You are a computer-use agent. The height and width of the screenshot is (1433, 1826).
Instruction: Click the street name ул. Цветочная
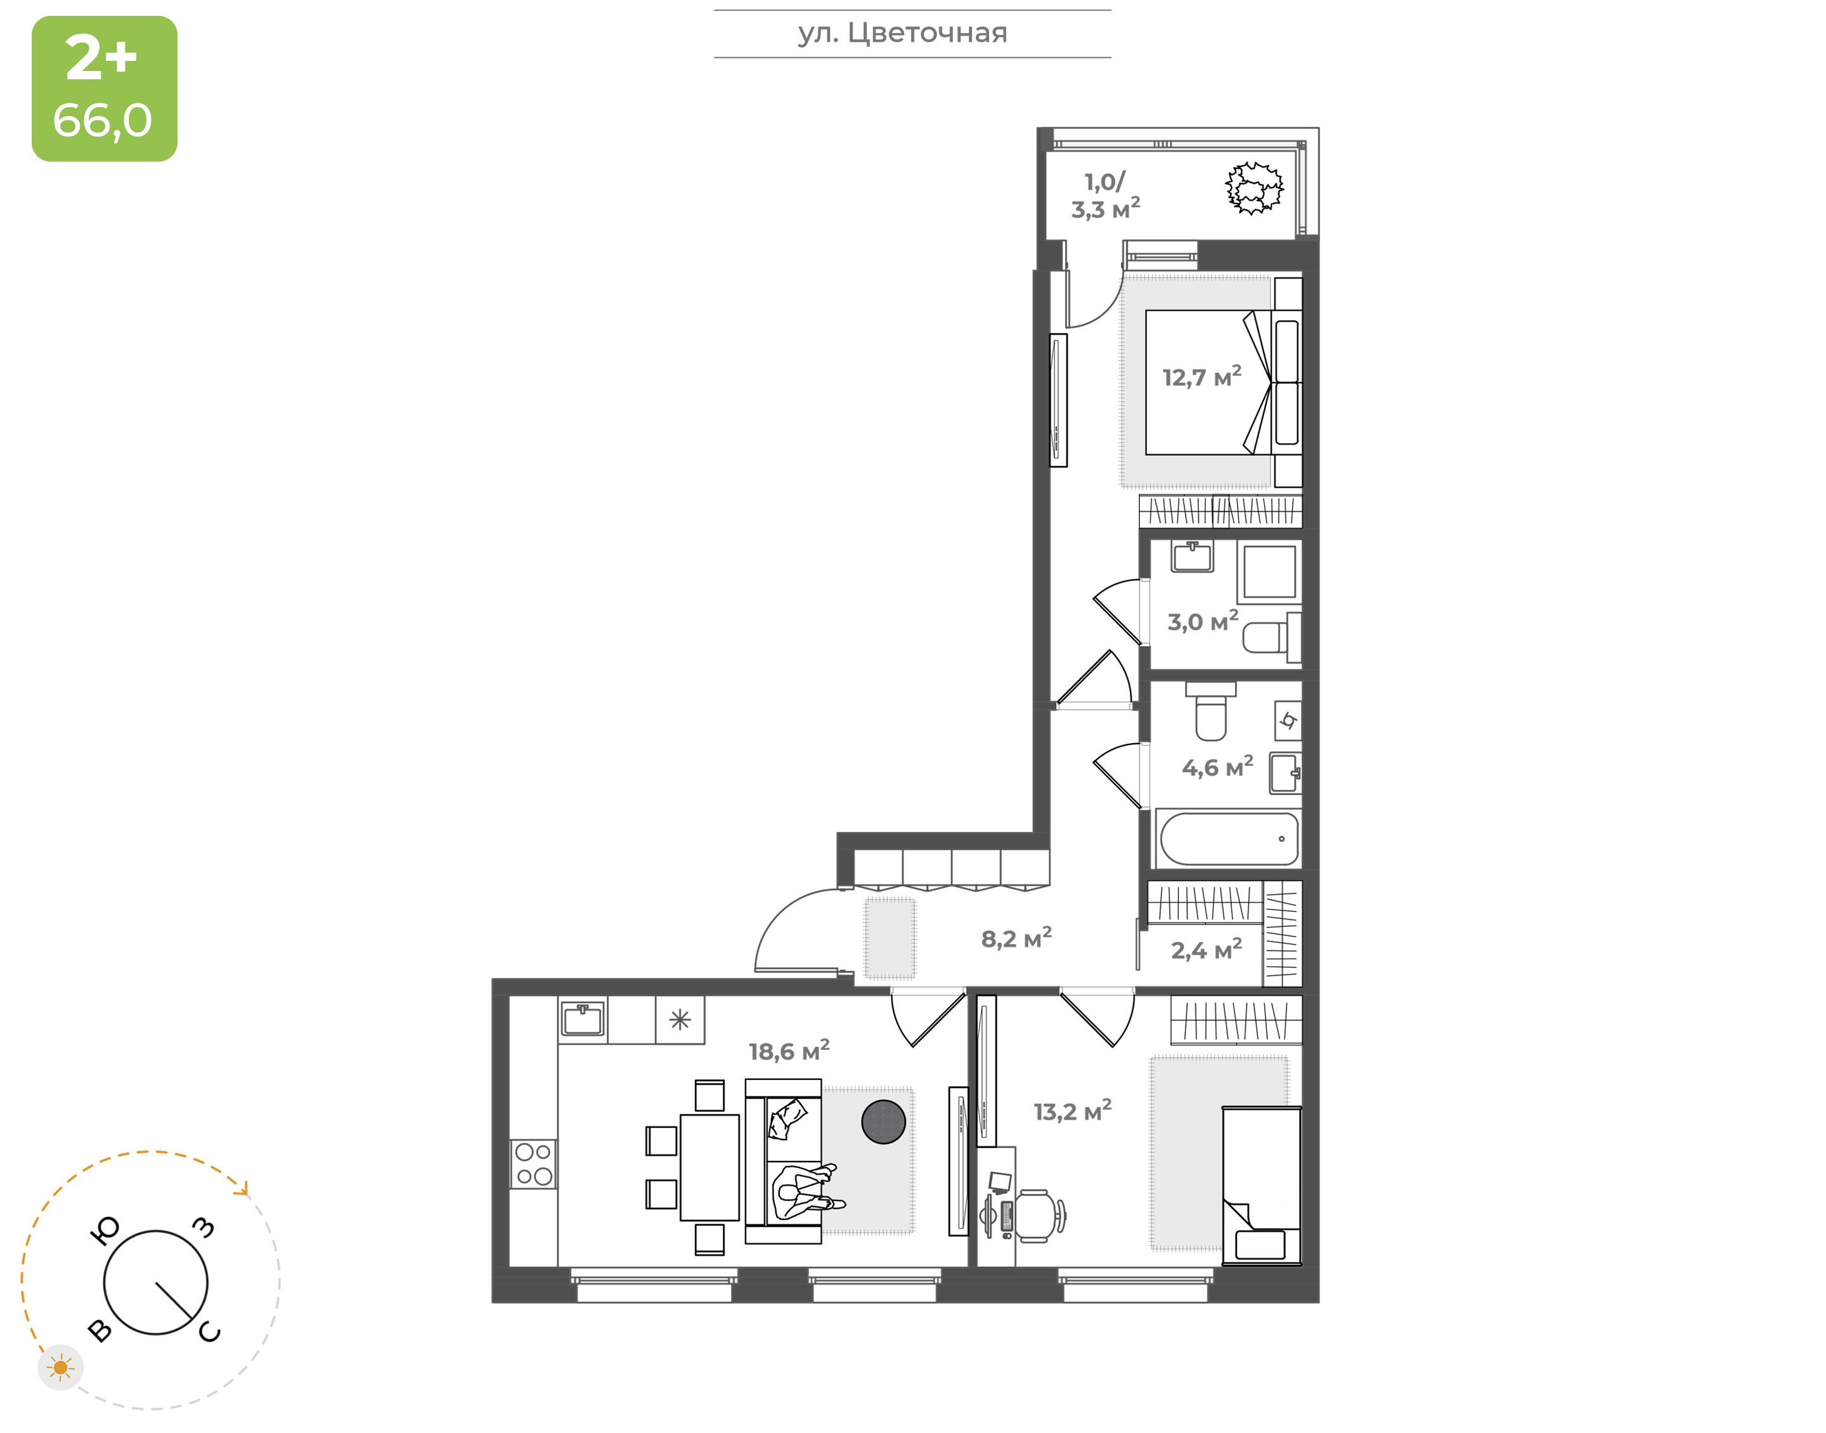(x=902, y=34)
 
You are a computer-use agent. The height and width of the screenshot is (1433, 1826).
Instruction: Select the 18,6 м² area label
(x=789, y=1051)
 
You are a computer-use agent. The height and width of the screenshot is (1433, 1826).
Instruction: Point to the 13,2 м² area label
(x=1073, y=1111)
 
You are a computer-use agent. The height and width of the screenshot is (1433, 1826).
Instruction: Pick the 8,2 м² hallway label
(x=1016, y=938)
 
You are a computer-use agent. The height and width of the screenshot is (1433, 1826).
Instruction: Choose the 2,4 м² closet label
(x=1206, y=950)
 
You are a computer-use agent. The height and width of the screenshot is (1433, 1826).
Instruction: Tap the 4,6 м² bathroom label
(x=1218, y=767)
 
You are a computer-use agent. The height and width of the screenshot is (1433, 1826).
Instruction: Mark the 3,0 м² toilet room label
(x=1203, y=621)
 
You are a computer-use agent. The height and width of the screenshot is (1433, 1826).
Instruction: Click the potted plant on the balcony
(x=1254, y=188)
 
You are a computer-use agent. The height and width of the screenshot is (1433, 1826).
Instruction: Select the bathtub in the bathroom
(x=1229, y=838)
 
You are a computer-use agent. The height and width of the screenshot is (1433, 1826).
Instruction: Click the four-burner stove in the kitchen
(x=533, y=1164)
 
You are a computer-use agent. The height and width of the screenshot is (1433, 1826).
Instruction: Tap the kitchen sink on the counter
(x=583, y=1020)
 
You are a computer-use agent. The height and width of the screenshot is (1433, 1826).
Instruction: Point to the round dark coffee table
(x=883, y=1122)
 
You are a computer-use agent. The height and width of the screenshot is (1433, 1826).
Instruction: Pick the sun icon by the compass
(x=60, y=1368)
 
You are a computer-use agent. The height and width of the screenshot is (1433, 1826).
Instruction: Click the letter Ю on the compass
(x=105, y=1231)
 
